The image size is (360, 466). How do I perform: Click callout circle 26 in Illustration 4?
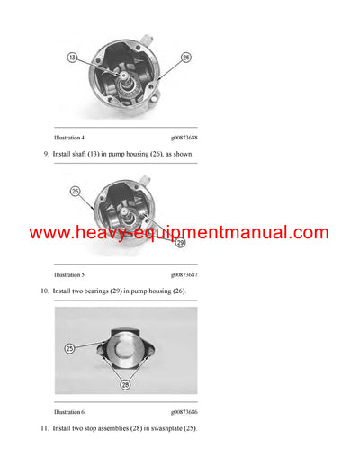click(x=186, y=58)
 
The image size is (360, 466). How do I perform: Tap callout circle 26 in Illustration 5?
click(x=76, y=192)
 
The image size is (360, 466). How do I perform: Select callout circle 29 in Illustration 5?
click(x=180, y=243)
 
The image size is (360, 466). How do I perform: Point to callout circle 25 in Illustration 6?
click(x=69, y=347)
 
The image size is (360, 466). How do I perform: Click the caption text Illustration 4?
click(x=69, y=137)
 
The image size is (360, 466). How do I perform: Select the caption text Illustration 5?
click(x=69, y=274)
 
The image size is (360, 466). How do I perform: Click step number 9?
click(x=46, y=155)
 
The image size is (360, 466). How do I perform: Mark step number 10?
click(x=45, y=291)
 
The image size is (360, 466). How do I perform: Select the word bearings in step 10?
click(x=104, y=291)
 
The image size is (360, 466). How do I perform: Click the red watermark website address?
click(x=179, y=233)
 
